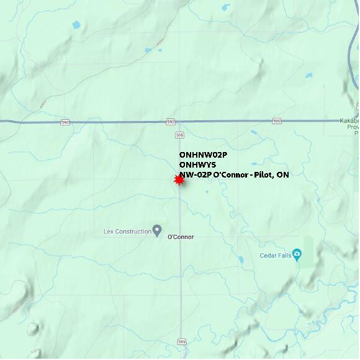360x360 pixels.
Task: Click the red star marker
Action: [x=179, y=180]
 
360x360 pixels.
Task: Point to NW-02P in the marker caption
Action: [x=195, y=175]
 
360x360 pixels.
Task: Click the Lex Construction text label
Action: [x=127, y=232]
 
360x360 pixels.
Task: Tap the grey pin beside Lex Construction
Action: [x=157, y=231]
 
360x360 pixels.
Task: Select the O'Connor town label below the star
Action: [x=181, y=237]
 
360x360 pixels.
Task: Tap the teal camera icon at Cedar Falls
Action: [x=297, y=253]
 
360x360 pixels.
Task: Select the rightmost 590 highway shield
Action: [x=276, y=121]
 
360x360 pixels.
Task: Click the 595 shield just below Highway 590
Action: [x=179, y=134]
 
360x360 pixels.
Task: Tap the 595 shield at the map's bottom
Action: [x=181, y=341]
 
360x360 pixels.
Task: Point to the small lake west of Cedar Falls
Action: [x=241, y=259]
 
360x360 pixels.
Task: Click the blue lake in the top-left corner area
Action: [x=76, y=25]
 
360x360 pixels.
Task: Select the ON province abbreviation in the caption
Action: [x=282, y=175]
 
